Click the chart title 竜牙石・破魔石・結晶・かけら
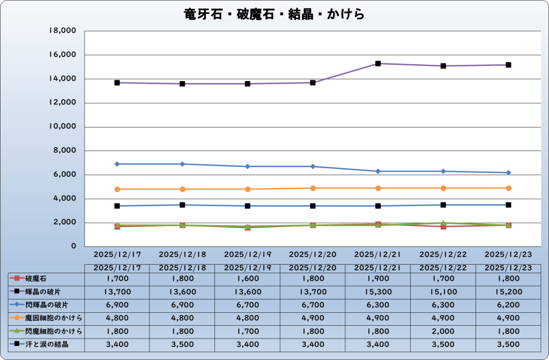(274, 14)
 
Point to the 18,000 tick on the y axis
(62, 31)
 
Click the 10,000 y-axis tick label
(62, 127)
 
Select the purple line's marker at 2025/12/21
(378, 64)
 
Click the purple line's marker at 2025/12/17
(117, 83)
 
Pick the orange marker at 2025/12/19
(248, 189)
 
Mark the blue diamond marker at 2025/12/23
(508, 172)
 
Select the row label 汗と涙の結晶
(47, 344)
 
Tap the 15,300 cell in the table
(378, 291)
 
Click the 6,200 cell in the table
(508, 305)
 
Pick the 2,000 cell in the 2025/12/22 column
(443, 331)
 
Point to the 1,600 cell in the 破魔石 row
(248, 279)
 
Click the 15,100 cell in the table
(443, 291)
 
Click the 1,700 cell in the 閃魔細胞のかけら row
(248, 331)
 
